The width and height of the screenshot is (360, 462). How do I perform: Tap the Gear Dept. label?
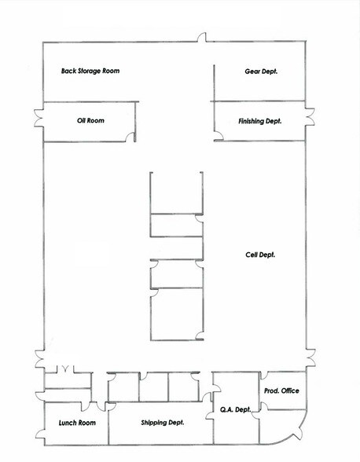(x=263, y=71)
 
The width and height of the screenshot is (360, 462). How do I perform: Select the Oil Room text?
(x=90, y=121)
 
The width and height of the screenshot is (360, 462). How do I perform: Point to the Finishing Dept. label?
(x=260, y=121)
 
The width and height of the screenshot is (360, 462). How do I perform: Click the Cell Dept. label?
(x=260, y=255)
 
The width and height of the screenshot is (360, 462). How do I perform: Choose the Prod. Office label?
(x=281, y=390)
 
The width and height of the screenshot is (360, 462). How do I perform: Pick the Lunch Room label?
(x=77, y=423)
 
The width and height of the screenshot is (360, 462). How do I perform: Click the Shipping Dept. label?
(x=163, y=423)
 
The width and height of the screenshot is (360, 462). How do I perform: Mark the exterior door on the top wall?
(x=202, y=38)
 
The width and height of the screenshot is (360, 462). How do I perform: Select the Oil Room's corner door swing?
(x=130, y=137)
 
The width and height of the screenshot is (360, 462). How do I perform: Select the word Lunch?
(x=68, y=423)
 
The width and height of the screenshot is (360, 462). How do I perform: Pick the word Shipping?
(x=154, y=423)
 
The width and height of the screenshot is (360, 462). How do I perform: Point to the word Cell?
(x=252, y=255)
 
